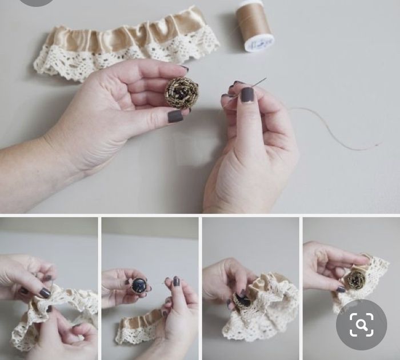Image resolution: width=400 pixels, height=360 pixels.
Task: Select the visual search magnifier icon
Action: click(362, 325)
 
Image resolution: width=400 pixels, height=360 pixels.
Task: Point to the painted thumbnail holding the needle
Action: click(247, 94)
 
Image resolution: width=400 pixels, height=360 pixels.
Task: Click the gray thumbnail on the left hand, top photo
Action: click(175, 116)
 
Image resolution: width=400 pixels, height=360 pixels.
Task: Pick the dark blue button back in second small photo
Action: click(139, 285)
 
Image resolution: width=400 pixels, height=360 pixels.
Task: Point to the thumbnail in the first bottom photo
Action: click(45, 293)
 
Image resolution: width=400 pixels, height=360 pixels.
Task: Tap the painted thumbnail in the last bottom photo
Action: click(341, 289)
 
